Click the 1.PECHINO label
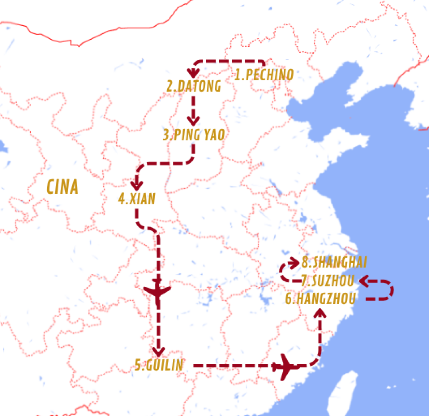(x=264, y=75)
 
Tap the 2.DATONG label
(x=194, y=86)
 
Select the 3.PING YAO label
(x=194, y=135)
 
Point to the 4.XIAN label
(x=137, y=199)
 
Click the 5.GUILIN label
(x=158, y=365)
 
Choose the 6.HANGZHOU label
(x=320, y=299)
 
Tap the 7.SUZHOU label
(x=328, y=281)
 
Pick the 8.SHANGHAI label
(x=334, y=262)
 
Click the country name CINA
(x=62, y=187)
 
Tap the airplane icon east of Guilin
(x=286, y=366)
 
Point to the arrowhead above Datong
(x=192, y=73)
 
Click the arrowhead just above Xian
(x=137, y=185)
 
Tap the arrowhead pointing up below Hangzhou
(x=320, y=313)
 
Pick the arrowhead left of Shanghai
(x=294, y=262)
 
